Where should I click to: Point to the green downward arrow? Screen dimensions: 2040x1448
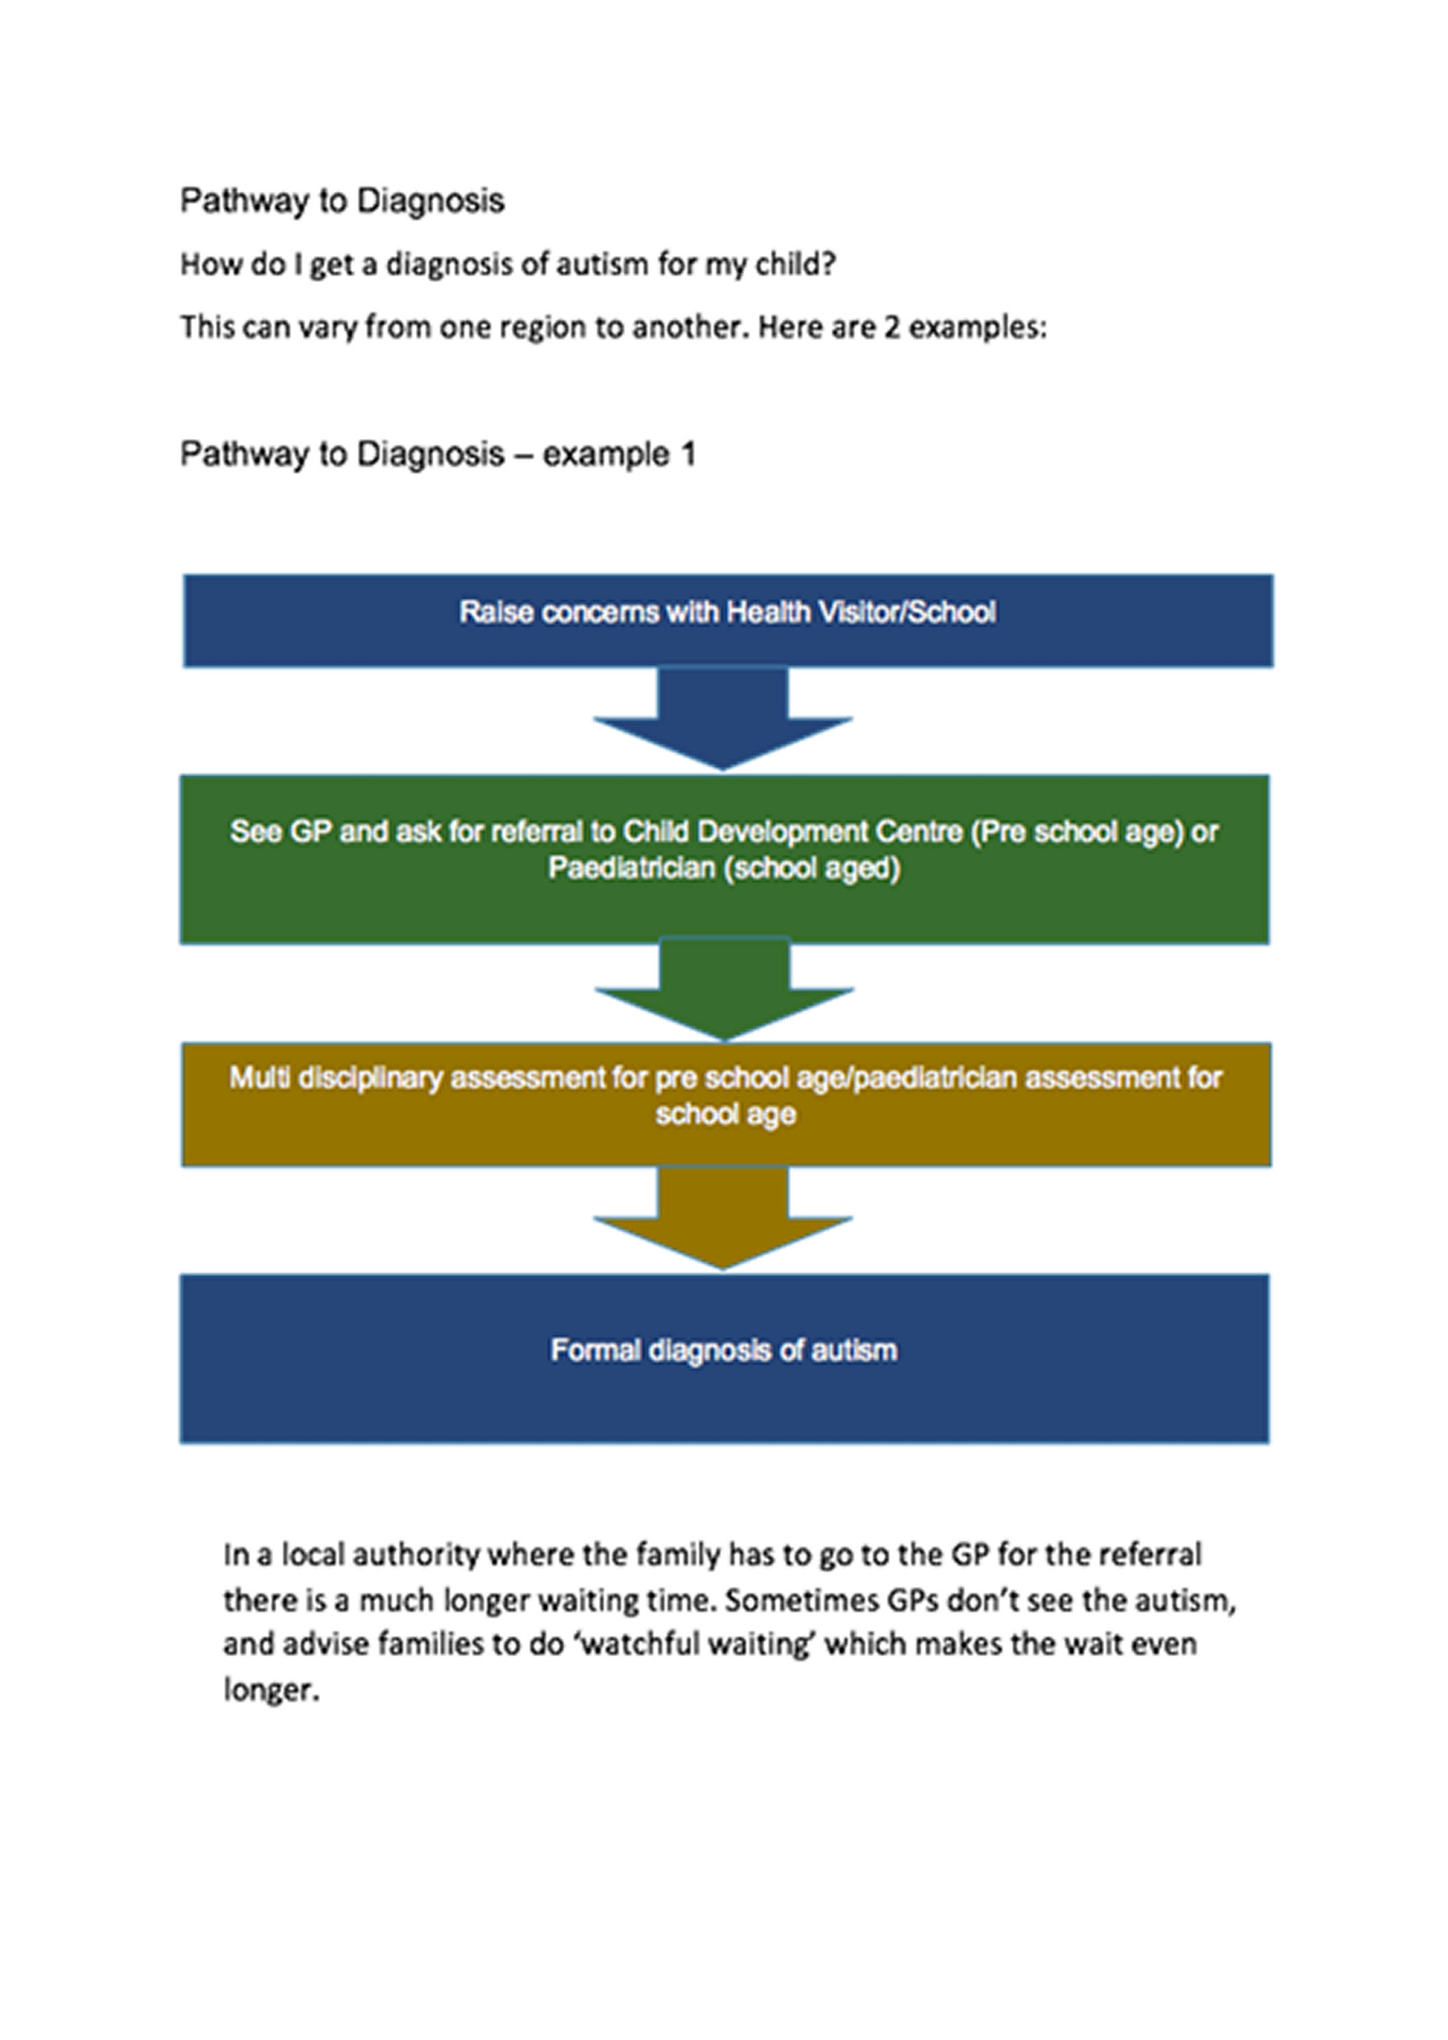click(x=724, y=990)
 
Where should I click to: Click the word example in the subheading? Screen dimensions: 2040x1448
click(x=605, y=455)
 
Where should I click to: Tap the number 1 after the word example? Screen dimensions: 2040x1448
click(x=688, y=455)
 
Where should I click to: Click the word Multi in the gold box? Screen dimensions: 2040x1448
click(x=260, y=1078)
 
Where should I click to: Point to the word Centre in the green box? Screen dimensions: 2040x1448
click(x=918, y=831)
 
